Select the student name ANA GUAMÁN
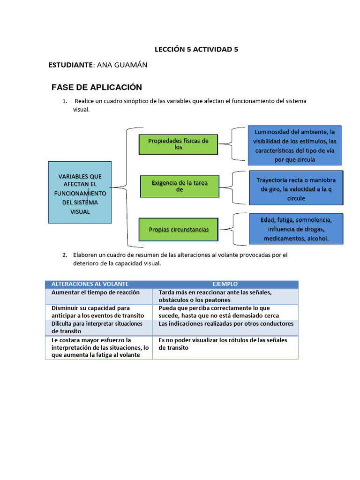(121, 65)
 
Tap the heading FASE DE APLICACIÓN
(96, 87)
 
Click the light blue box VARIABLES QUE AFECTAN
(80, 192)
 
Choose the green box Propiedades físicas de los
(178, 144)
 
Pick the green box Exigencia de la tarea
(180, 186)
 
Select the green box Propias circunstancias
(179, 229)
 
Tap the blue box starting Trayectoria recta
(296, 188)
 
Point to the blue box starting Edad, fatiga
(296, 229)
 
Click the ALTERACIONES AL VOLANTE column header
(90, 284)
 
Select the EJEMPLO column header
(225, 284)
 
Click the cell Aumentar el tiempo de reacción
(96, 292)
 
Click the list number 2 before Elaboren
(65, 255)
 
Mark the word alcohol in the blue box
(317, 239)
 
